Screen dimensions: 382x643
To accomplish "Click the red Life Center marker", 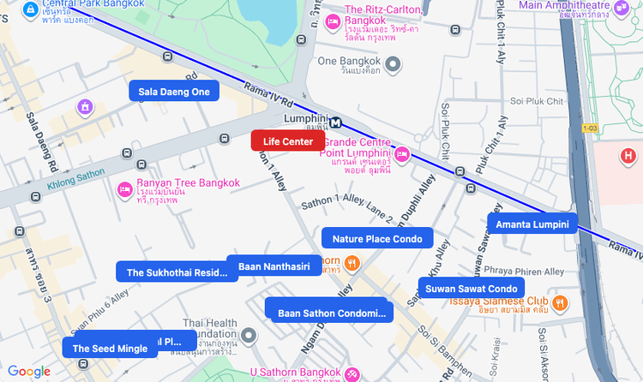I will [287, 141].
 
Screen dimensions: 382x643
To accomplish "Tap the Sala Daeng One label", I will [174, 92].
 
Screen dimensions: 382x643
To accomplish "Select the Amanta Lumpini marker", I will [532, 224].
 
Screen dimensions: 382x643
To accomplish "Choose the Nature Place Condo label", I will [377, 239].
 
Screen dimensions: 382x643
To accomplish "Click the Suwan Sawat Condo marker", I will [471, 289].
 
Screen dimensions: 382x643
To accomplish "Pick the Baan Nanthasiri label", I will [273, 266].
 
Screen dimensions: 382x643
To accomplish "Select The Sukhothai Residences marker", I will [177, 272].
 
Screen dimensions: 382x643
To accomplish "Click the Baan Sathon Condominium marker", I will [329, 313].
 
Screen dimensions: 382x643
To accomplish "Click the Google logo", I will [29, 372].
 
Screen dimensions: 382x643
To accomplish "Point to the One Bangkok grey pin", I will [394, 63].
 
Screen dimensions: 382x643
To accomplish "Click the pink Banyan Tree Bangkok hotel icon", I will [123, 188].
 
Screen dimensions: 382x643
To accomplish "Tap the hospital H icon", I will [628, 156].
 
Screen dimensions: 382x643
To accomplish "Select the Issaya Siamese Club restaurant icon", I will [560, 301].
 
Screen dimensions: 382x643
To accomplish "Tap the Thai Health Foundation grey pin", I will [249, 335].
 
